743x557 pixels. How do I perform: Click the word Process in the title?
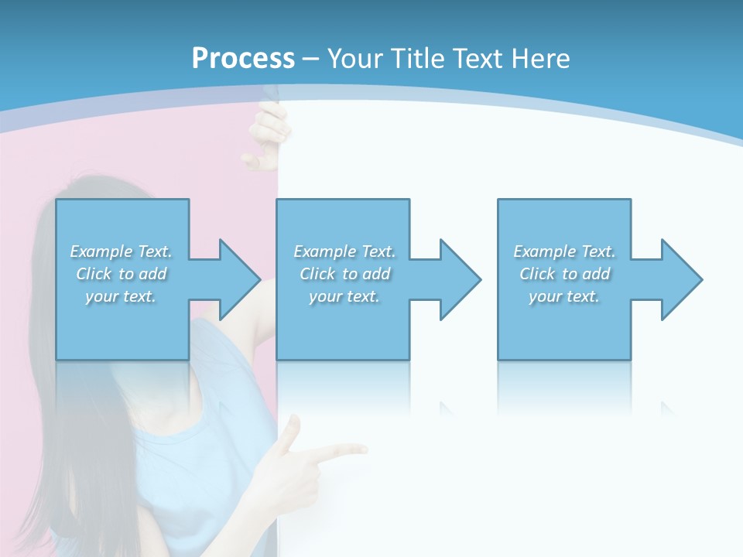(x=243, y=58)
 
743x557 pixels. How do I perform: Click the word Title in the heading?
(x=419, y=58)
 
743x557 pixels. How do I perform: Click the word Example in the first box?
(x=101, y=251)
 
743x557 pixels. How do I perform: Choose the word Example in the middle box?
(x=324, y=251)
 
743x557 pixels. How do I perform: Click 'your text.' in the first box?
(x=121, y=296)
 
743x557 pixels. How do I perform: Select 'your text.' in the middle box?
(x=344, y=296)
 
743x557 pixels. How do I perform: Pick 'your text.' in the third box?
(x=564, y=296)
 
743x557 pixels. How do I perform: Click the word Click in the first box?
(x=94, y=274)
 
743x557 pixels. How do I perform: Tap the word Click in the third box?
(x=537, y=274)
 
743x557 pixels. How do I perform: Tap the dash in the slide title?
(x=311, y=59)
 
